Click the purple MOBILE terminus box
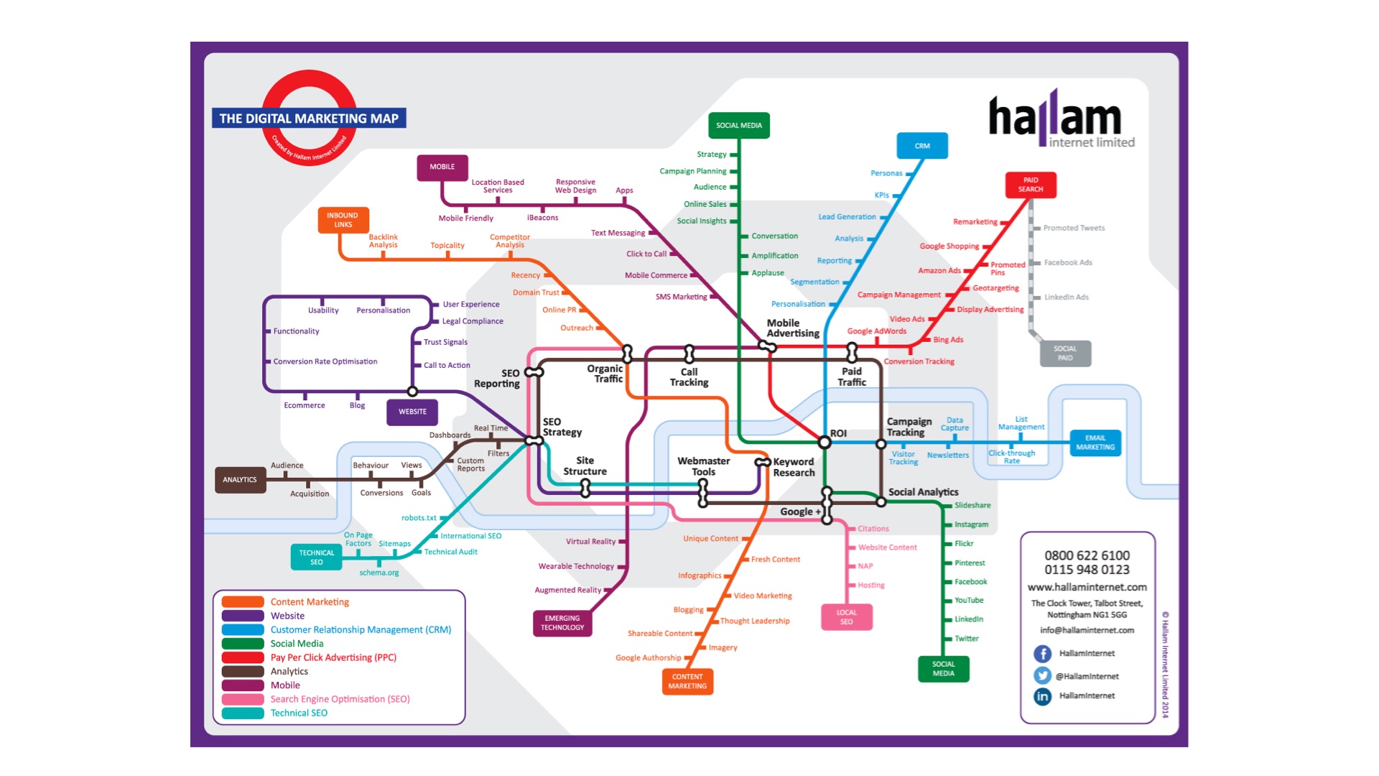point(442,167)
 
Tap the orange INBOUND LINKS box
point(343,220)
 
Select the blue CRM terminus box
point(922,146)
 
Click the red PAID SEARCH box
point(1030,185)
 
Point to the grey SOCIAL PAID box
point(1065,354)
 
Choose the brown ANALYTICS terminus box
point(240,480)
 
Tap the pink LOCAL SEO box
point(846,617)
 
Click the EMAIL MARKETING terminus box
point(1095,443)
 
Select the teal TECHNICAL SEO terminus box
point(316,558)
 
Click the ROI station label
point(838,433)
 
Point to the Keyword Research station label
point(794,467)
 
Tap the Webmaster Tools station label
point(703,466)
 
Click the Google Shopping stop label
point(949,246)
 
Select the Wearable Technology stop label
point(576,566)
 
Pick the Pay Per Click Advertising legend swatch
point(243,657)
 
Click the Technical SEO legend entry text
point(299,713)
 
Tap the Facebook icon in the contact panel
point(1042,654)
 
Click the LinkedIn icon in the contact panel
point(1042,696)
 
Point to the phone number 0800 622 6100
point(1087,555)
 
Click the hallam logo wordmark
point(1054,117)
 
